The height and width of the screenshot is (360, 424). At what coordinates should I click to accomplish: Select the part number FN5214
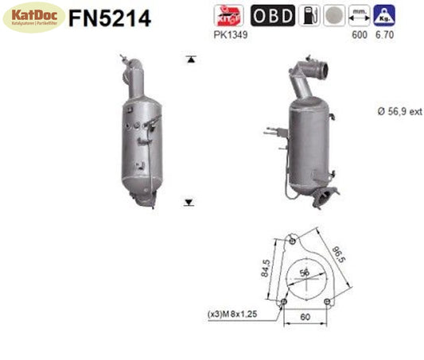click(x=109, y=18)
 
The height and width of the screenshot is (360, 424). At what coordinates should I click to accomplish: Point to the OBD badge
click(x=271, y=16)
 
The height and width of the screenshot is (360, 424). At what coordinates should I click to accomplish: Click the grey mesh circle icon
click(x=333, y=16)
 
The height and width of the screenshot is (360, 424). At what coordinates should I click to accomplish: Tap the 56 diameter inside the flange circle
click(x=303, y=272)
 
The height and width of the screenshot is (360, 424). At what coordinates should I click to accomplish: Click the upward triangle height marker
click(x=189, y=60)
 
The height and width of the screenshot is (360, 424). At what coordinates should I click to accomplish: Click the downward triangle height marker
click(x=189, y=203)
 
